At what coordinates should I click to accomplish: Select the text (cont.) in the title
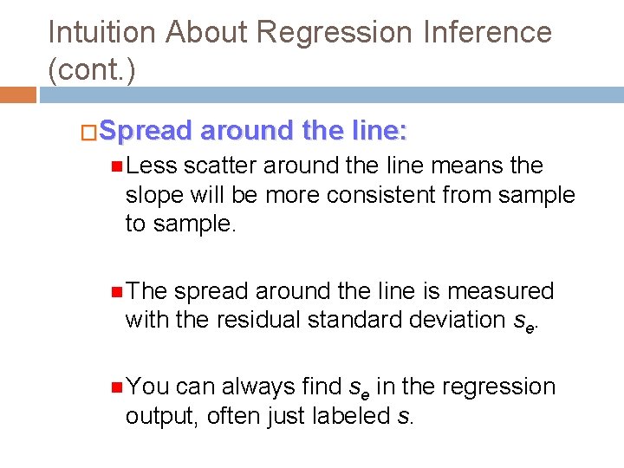click(x=92, y=70)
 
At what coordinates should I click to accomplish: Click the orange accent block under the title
click(x=17, y=94)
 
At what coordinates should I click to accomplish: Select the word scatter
click(x=220, y=166)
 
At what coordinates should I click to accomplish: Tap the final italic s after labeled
click(x=401, y=417)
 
